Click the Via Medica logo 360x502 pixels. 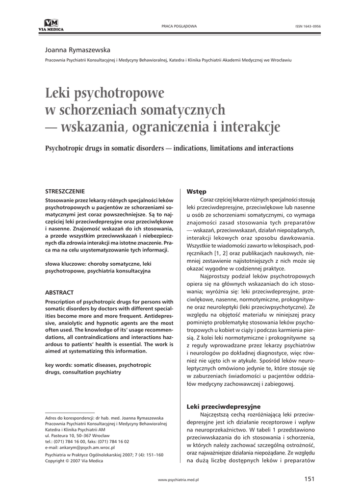pos(51,25)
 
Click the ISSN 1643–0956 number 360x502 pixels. pos(308,25)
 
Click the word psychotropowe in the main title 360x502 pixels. pos(119,92)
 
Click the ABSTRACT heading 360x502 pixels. pos(59,292)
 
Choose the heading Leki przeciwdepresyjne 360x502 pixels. pos(224,406)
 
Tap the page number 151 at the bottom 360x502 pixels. pos(309,479)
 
